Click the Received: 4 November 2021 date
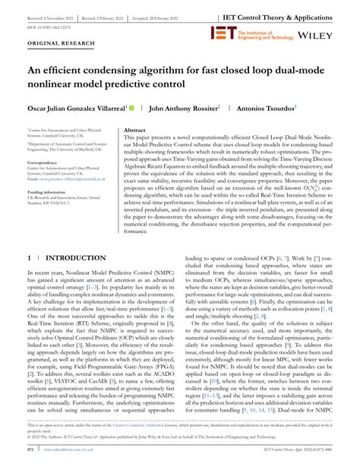click(45, 15)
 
